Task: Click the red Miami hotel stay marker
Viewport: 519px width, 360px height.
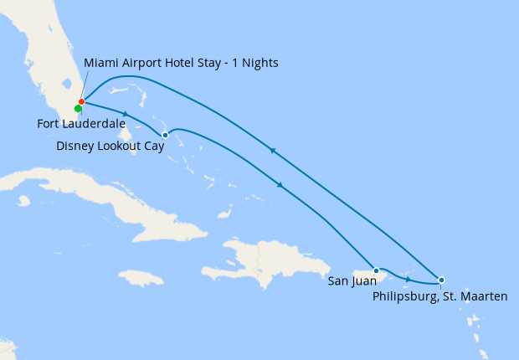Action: pos(81,102)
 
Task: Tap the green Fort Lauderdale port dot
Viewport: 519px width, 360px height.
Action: pos(78,109)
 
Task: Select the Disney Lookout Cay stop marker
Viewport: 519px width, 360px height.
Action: pos(165,135)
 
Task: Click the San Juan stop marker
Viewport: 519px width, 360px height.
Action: pos(377,270)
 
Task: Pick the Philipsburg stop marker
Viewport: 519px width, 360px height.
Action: pos(441,280)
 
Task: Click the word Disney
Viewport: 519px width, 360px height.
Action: pos(75,146)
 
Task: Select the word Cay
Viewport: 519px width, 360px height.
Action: pos(152,146)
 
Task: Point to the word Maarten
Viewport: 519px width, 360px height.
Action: pos(483,296)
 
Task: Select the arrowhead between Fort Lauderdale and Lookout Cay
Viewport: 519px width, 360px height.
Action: pos(126,114)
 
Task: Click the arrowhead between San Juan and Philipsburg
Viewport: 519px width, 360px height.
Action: pos(408,278)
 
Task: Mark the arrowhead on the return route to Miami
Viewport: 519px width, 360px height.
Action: pos(271,151)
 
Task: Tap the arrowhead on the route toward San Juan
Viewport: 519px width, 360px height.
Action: pos(279,185)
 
